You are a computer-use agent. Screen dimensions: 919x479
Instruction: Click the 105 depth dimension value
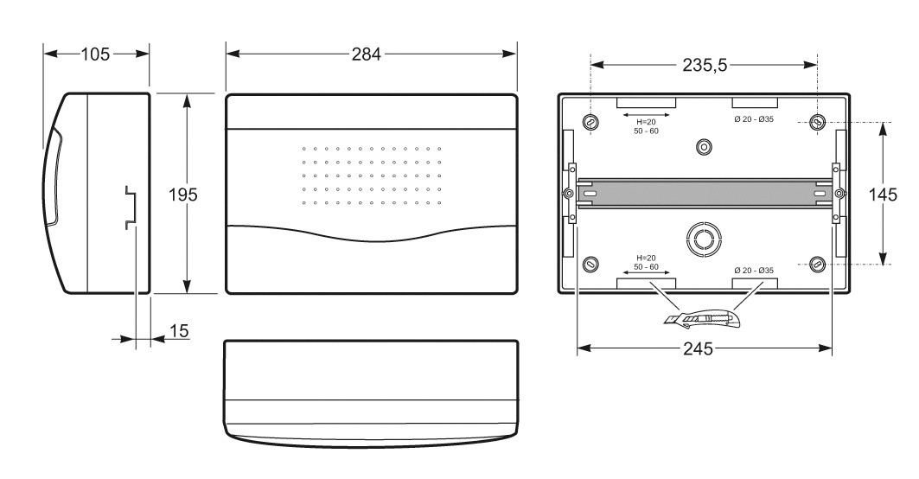pyautogui.click(x=95, y=54)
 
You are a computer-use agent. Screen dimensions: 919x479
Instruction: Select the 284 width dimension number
pyautogui.click(x=367, y=54)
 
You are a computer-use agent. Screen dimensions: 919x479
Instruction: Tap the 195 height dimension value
pyautogui.click(x=183, y=195)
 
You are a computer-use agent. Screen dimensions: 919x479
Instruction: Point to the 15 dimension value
pyautogui.click(x=180, y=331)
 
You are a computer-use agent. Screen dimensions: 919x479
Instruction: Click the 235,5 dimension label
pyautogui.click(x=705, y=65)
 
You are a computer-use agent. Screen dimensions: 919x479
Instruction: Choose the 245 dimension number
pyautogui.click(x=698, y=349)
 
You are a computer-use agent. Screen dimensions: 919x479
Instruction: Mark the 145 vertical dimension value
pyautogui.click(x=883, y=194)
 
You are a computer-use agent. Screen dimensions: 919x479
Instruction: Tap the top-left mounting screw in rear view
pyautogui.click(x=590, y=122)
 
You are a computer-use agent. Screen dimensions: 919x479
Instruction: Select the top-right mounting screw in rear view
pyautogui.click(x=817, y=122)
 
